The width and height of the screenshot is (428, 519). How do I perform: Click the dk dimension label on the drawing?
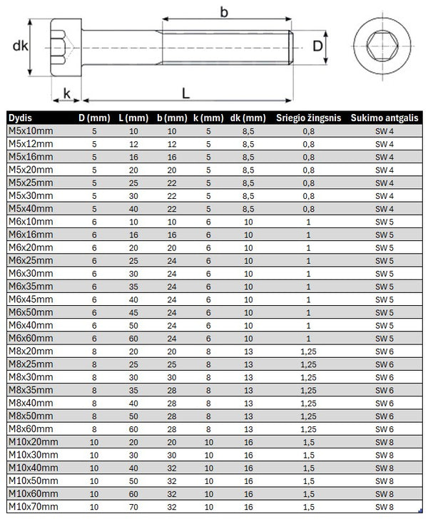pyautogui.click(x=19, y=46)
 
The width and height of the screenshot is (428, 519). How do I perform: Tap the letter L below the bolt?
pyautogui.click(x=185, y=93)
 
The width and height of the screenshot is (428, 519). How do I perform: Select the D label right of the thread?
pyautogui.click(x=319, y=46)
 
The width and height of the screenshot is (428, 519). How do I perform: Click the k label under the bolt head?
pyautogui.click(x=67, y=93)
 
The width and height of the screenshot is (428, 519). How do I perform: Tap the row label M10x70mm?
pyautogui.click(x=34, y=506)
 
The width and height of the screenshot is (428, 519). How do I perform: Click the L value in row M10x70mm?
pyautogui.click(x=133, y=506)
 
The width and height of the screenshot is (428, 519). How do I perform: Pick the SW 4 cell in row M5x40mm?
pyautogui.click(x=384, y=209)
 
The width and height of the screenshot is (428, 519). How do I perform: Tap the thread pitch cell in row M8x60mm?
pyautogui.click(x=307, y=428)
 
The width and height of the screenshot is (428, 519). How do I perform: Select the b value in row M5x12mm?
pyautogui.click(x=171, y=144)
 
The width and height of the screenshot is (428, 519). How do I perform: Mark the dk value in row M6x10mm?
pyautogui.click(x=248, y=222)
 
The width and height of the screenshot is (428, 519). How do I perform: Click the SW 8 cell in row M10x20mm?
pyautogui.click(x=384, y=441)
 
